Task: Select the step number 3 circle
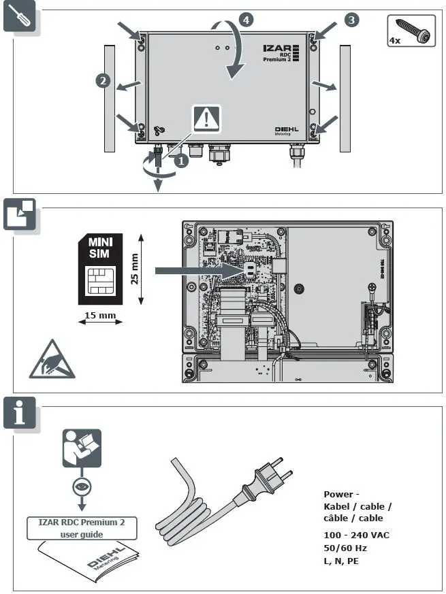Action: pyautogui.click(x=351, y=20)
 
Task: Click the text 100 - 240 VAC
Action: pyautogui.click(x=357, y=535)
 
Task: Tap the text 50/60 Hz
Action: pyautogui.click(x=347, y=547)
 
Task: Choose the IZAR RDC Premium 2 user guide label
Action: pyautogui.click(x=81, y=527)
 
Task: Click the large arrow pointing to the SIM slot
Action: pyautogui.click(x=198, y=271)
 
